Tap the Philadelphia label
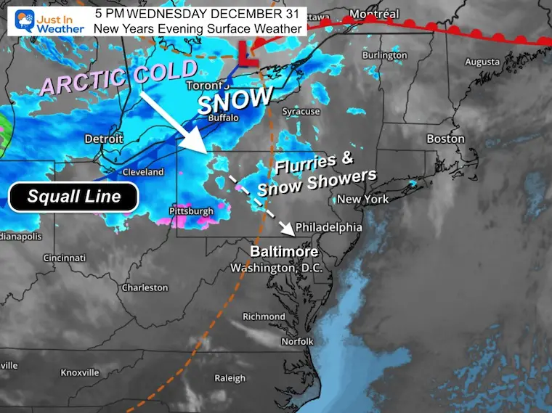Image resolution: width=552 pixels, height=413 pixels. click(x=328, y=227)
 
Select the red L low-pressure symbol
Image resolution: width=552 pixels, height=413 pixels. click(x=248, y=54)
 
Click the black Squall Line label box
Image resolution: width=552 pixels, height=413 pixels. click(x=73, y=197)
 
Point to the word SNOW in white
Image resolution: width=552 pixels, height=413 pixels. click(x=235, y=99)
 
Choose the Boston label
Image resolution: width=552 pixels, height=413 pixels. click(x=445, y=138)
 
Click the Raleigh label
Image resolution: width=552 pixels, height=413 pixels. click(x=230, y=377)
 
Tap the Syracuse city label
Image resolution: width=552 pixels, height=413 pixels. click(x=301, y=111)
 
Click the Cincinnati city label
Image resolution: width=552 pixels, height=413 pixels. click(x=64, y=258)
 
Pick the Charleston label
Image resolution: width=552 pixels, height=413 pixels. click(x=145, y=287)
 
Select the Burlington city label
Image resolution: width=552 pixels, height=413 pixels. click(x=385, y=55)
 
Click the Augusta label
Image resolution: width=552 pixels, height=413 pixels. click(x=482, y=62)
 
